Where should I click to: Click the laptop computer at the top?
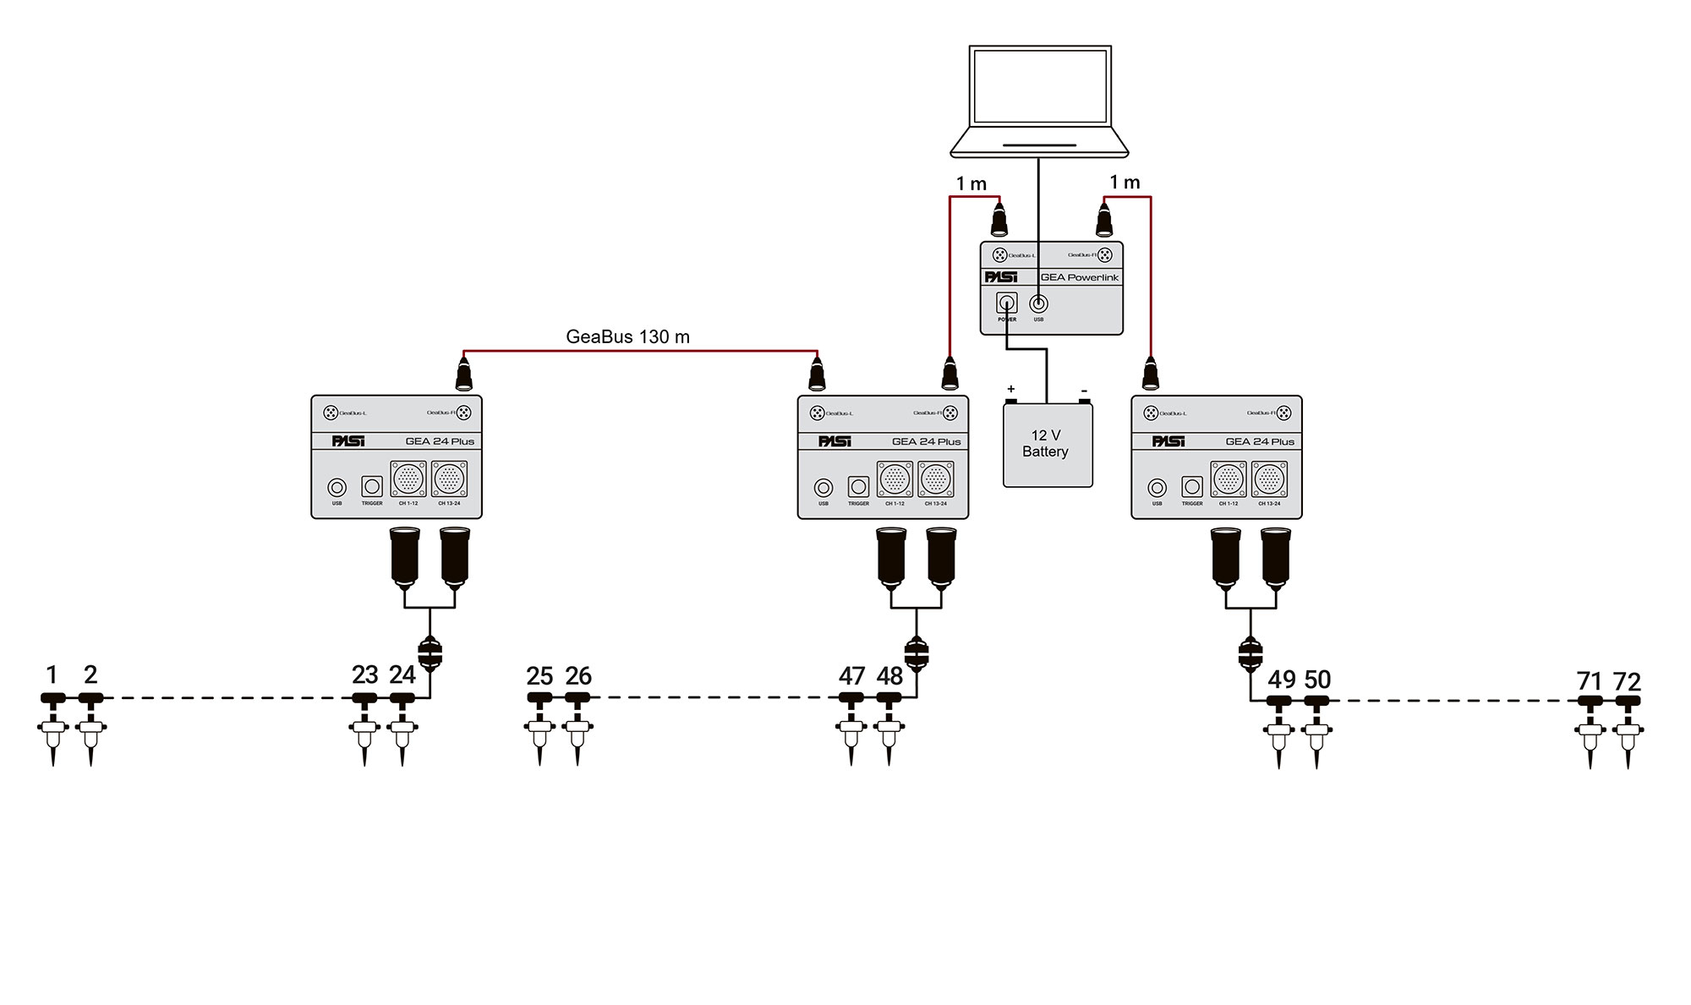click(1039, 101)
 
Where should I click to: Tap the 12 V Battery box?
click(1047, 445)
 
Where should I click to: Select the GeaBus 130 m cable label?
click(627, 336)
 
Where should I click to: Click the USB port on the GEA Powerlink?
click(1038, 303)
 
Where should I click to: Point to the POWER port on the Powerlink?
click(1006, 303)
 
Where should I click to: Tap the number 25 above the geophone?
click(539, 676)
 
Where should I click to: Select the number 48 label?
click(889, 676)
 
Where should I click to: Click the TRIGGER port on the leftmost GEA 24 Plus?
click(372, 486)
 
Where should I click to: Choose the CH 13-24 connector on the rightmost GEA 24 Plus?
click(1269, 479)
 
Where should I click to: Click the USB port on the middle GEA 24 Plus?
click(824, 488)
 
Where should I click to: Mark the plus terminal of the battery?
click(1010, 391)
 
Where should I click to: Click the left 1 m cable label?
click(971, 183)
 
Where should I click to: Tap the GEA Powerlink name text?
click(1079, 277)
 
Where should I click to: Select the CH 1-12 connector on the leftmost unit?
click(408, 478)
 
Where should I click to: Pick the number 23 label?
click(364, 675)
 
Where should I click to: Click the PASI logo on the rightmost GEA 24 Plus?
click(1168, 441)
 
